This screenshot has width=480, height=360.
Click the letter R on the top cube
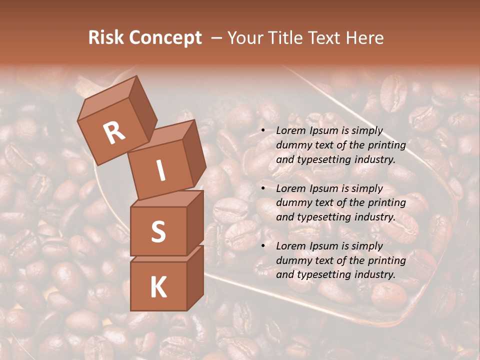pos(114,133)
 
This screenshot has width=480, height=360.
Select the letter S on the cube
pos(158,231)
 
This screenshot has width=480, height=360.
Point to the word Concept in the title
pos(164,38)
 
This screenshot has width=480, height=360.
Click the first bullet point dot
pos(263,130)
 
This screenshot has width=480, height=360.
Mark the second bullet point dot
pos(263,188)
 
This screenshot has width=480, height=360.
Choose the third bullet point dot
pos(263,246)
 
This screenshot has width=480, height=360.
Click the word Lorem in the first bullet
pos(290,130)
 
